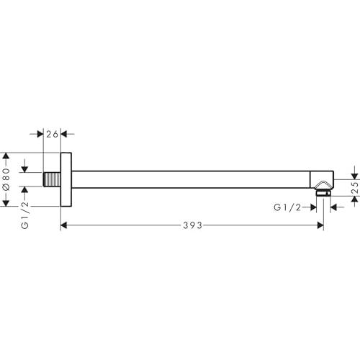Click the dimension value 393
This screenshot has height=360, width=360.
coord(192,225)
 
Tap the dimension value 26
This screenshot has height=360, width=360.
coord(52,134)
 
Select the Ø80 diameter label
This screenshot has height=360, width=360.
coord(6,179)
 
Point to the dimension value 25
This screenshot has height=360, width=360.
coord(356,188)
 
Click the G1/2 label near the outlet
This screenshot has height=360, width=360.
coord(287,207)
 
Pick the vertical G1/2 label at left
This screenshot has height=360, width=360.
coord(24,215)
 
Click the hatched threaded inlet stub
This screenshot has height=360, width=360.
coord(52,179)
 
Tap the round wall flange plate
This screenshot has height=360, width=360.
coord(66,179)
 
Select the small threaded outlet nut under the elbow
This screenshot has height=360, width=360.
coord(323,193)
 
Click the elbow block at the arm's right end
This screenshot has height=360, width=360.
coord(322,179)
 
